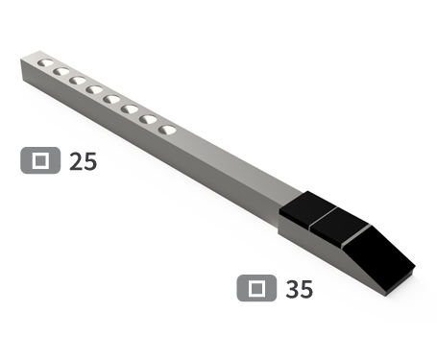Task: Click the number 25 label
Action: coord(84,161)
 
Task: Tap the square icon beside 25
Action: coord(40,160)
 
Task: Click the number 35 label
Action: coord(300,288)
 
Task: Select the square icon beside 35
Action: coord(256,287)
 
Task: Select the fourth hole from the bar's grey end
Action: coord(94,90)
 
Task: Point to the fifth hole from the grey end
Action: coord(111,99)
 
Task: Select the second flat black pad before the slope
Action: coord(339,225)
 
